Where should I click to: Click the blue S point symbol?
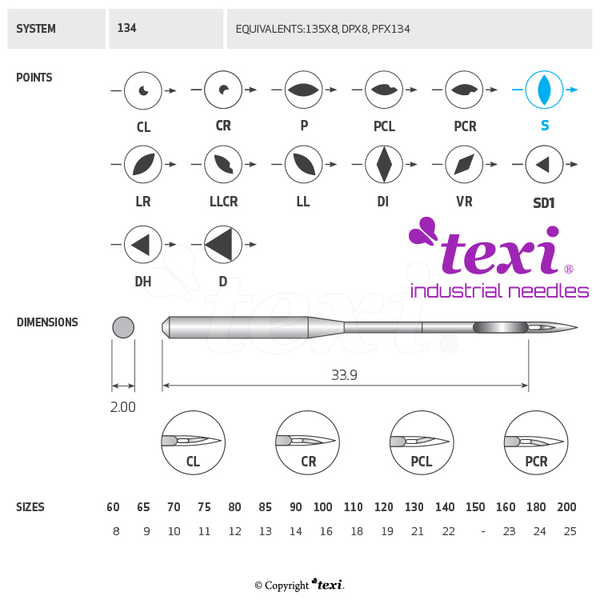tap(544, 90)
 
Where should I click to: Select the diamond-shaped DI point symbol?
tap(384, 165)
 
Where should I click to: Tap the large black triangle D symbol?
tap(224, 244)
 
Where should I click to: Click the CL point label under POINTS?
tap(143, 127)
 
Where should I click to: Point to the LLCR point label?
tap(222, 202)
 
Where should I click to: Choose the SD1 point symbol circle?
tap(544, 165)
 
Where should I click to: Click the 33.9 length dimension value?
tap(344, 374)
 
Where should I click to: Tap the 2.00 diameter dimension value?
tap(122, 407)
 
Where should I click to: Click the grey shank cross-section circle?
tap(123, 327)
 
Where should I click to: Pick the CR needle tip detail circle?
tap(307, 442)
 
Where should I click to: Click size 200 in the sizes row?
tap(566, 507)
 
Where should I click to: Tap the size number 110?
tap(353, 507)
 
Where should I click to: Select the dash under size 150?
tap(482, 531)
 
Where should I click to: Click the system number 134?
tap(126, 28)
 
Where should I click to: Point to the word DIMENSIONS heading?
tap(47, 322)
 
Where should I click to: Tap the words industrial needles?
tap(499, 290)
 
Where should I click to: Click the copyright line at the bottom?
tap(299, 585)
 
